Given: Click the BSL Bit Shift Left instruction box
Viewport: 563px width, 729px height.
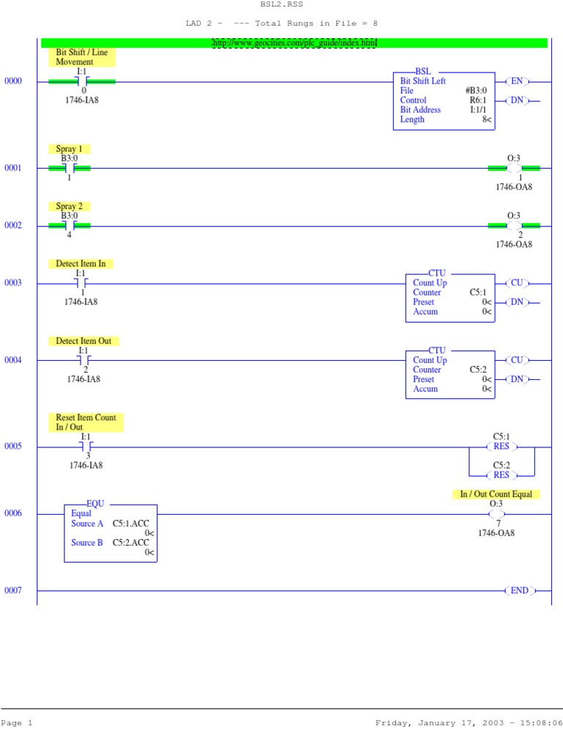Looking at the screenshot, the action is click(444, 100).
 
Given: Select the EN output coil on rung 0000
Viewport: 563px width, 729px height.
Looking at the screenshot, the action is click(517, 81).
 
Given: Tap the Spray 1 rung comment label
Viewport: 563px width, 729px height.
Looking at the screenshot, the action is click(69, 149).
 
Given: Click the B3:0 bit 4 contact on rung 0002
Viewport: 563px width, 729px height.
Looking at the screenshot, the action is click(69, 225).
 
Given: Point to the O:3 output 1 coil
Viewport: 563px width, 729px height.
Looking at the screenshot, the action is click(514, 168).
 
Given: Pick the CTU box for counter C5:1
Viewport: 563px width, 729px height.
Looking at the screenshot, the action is click(450, 298).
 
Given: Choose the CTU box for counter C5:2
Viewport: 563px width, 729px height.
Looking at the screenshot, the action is click(450, 375).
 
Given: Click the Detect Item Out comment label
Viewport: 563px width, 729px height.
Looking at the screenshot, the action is click(84, 341).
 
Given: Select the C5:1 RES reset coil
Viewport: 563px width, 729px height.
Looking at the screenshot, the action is click(501, 447).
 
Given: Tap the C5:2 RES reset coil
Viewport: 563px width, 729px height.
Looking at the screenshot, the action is click(501, 475).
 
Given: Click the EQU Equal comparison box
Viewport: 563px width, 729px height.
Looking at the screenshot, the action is click(111, 532).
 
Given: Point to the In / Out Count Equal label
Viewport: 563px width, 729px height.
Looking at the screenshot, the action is click(496, 494).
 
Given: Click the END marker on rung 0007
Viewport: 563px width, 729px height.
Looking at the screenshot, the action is click(520, 590).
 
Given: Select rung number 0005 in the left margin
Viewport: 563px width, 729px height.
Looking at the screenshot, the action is click(13, 447).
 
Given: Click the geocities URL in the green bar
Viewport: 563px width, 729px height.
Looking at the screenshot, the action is click(294, 43).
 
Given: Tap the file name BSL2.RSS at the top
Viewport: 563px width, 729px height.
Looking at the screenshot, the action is click(281, 4).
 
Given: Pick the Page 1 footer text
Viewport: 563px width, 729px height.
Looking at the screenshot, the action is click(17, 722).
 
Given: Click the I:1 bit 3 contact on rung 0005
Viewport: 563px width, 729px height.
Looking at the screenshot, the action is click(86, 447).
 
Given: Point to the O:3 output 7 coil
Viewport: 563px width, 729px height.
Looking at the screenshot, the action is click(496, 514).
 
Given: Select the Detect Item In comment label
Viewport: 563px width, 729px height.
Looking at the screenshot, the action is click(81, 263).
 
